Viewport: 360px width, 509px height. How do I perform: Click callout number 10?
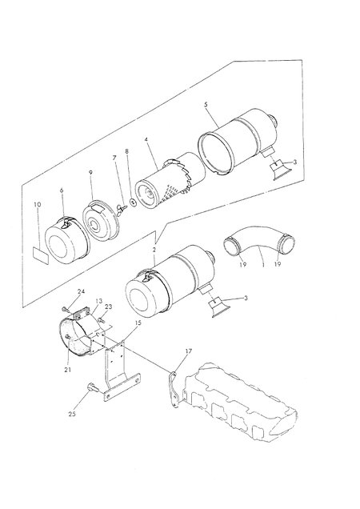[x=38, y=204]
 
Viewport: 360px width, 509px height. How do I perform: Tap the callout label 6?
[x=62, y=190]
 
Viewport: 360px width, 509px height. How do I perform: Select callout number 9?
[x=90, y=172]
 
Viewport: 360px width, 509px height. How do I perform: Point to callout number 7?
[x=114, y=158]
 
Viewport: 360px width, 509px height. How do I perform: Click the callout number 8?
[x=126, y=151]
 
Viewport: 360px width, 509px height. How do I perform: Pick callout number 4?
[x=146, y=139]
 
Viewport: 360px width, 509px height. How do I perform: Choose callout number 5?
[x=206, y=105]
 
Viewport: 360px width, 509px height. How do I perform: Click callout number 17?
[x=189, y=351]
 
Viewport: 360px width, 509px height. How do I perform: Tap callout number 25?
[x=72, y=414]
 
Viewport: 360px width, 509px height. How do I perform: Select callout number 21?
[x=67, y=370]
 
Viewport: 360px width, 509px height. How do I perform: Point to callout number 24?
[x=81, y=291]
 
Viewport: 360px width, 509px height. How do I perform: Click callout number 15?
[x=138, y=323]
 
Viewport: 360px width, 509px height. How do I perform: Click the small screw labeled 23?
[x=101, y=320]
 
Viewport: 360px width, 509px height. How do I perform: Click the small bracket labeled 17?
[x=174, y=388]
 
